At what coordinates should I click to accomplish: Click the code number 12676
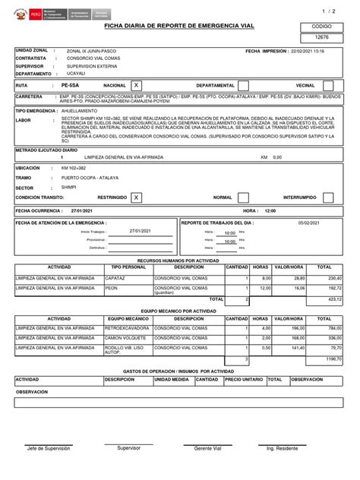coord(321,36)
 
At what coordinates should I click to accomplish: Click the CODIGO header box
coord(321,25)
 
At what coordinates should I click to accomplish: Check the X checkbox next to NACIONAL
coord(136,86)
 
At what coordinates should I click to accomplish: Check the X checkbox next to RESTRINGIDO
coord(136,197)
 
